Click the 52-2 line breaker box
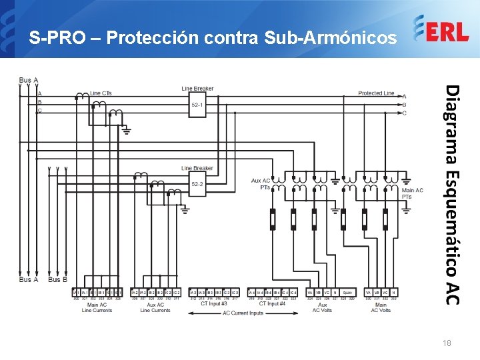point(197,184)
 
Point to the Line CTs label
point(101,93)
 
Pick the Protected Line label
point(376,93)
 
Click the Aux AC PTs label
point(261,184)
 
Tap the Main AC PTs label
point(412,193)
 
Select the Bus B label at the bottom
point(57,280)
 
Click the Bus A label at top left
point(29,81)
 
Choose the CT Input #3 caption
point(214,304)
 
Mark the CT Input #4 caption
point(272,304)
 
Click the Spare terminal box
point(347,293)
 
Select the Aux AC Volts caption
point(322,307)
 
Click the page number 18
point(447,343)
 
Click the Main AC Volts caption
point(381,307)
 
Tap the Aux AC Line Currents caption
point(155,307)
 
